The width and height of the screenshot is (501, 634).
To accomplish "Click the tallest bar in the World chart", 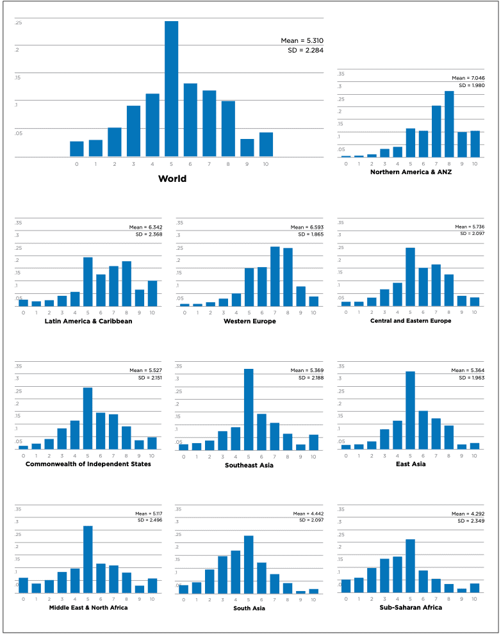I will click(171, 89).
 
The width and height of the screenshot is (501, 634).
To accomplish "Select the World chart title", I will click(172, 179).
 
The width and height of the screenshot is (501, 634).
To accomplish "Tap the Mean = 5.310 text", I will click(302, 41).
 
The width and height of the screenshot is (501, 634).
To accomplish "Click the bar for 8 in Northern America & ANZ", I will click(449, 124).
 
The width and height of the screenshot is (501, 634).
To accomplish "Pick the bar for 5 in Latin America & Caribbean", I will click(88, 282).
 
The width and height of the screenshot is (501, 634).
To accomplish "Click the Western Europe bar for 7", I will click(275, 277).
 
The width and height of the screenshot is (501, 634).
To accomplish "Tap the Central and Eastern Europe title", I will click(411, 321).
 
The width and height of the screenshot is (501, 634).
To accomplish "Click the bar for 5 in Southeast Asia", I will click(249, 410).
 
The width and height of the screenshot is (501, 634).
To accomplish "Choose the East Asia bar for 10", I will click(474, 446).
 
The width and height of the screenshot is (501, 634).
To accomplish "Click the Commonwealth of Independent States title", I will click(88, 464).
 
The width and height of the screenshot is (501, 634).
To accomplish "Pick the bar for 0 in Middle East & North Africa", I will click(24, 585).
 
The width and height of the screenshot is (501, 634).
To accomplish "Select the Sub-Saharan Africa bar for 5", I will click(410, 566).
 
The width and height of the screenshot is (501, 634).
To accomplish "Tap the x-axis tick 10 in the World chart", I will click(266, 165).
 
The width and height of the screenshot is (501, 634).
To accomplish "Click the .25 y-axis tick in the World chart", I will click(19, 23).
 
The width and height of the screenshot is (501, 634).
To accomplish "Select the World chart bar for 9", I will click(247, 148).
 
